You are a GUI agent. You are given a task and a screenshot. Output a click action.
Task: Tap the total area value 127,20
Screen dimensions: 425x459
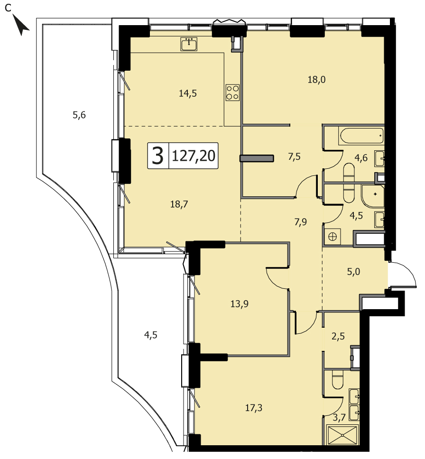coord(194,156)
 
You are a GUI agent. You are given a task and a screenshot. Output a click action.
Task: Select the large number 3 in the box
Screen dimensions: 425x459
coord(158,156)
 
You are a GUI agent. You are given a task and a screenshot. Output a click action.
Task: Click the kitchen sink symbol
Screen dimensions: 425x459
coord(189,44)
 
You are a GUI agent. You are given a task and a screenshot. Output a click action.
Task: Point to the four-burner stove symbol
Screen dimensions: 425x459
coord(232,92)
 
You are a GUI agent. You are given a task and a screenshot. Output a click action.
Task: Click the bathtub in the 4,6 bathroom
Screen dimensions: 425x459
coord(361,136)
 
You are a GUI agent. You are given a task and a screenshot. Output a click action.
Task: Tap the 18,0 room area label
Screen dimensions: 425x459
coord(317,79)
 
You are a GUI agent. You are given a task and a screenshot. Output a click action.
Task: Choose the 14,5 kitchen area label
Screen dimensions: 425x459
coord(188,93)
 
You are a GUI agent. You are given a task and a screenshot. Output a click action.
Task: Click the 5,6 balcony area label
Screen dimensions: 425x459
coord(79,115)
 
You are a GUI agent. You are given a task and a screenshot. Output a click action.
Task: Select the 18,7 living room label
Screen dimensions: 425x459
coord(179,204)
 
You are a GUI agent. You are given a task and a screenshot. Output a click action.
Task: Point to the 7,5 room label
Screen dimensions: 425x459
coord(294,156)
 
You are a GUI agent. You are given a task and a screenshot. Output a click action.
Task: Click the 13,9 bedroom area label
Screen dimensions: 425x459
coord(240,304)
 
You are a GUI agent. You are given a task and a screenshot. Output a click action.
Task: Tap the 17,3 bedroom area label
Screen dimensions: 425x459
coord(254,407)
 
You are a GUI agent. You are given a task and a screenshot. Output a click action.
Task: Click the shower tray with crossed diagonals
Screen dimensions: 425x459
coord(342,436)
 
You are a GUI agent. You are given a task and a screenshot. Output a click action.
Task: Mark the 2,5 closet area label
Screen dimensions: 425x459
coord(338,336)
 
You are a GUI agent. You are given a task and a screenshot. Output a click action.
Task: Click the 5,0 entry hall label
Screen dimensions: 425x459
coord(353,272)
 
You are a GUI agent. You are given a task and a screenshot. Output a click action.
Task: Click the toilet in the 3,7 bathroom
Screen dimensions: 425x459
coord(338,381)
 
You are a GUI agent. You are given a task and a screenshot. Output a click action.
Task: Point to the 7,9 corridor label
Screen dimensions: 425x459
coord(301,222)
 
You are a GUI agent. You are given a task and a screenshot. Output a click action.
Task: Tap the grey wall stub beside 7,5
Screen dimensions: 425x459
coord(257,158)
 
